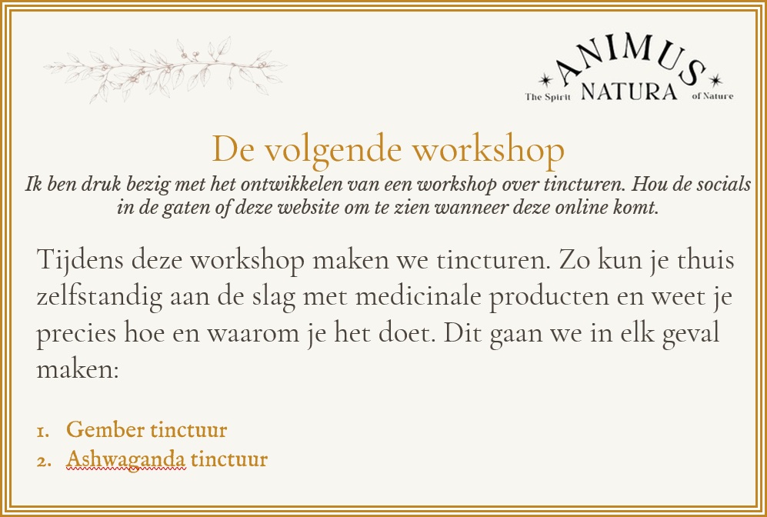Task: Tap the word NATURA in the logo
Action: click(629, 92)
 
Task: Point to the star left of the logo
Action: click(545, 80)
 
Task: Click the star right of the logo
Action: click(715, 80)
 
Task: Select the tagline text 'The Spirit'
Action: click(548, 97)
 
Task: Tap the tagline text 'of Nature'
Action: click(712, 96)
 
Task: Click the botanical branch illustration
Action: click(165, 69)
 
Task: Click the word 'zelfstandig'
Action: click(100, 296)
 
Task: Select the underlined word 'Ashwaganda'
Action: click(126, 459)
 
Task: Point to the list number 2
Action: click(44, 462)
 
